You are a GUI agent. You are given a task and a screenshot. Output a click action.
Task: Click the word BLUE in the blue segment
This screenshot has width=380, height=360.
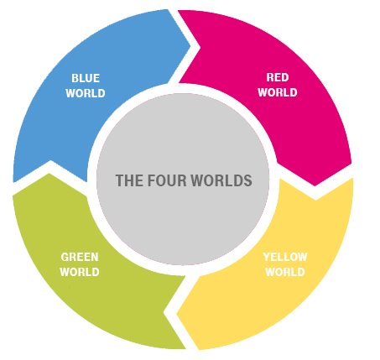pos(86,78)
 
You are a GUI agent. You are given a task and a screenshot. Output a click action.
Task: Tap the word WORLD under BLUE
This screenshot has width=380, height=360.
pos(86,93)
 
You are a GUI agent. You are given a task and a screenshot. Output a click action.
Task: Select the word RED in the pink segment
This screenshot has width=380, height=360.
pos(278,77)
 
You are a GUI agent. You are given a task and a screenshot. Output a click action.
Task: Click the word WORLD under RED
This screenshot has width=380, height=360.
pos(278,92)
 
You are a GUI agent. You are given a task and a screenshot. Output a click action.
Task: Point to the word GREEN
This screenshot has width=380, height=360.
pos(80,257)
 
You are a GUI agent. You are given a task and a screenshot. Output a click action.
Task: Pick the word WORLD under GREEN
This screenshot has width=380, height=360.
pos(80,272)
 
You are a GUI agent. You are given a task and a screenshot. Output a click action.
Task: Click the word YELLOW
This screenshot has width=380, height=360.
pos(285,257)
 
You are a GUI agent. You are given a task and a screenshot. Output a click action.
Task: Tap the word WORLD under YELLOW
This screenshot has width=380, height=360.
pos(285,272)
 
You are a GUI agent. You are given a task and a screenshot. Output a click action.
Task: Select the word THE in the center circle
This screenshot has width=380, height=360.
pos(129,180)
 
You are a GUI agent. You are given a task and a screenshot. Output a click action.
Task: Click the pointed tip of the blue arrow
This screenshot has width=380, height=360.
pos(190,46)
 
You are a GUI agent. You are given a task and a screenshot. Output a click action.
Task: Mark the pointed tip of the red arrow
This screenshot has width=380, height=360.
pos(315,186)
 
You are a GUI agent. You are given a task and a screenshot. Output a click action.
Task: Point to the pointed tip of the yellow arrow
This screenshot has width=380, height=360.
pos(176,314)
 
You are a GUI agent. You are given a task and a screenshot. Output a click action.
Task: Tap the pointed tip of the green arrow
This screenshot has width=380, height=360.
pos(49,173)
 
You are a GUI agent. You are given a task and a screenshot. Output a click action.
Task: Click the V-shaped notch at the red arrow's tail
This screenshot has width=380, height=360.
pos(200,48)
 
